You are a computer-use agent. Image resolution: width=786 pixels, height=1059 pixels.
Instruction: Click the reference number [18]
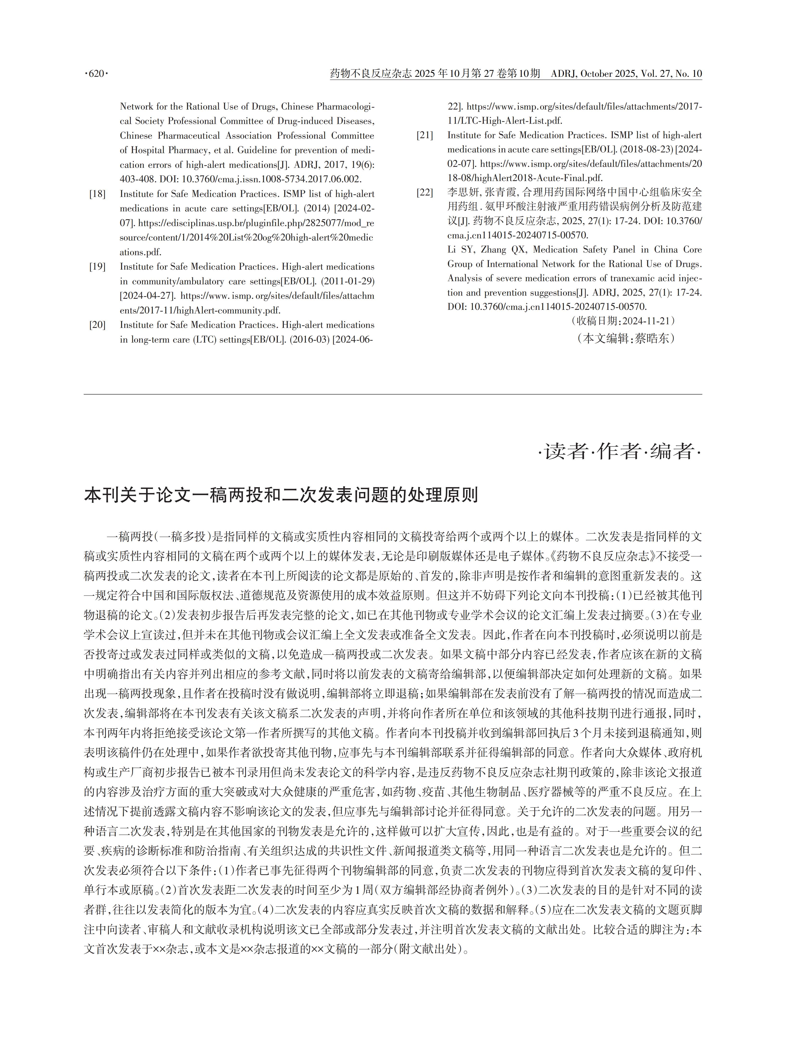[97, 194]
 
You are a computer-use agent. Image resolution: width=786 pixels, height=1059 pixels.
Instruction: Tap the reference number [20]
[97, 325]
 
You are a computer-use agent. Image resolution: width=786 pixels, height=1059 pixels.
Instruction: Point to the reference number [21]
[425, 136]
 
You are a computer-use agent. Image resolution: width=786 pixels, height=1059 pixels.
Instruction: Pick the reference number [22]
[425, 193]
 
